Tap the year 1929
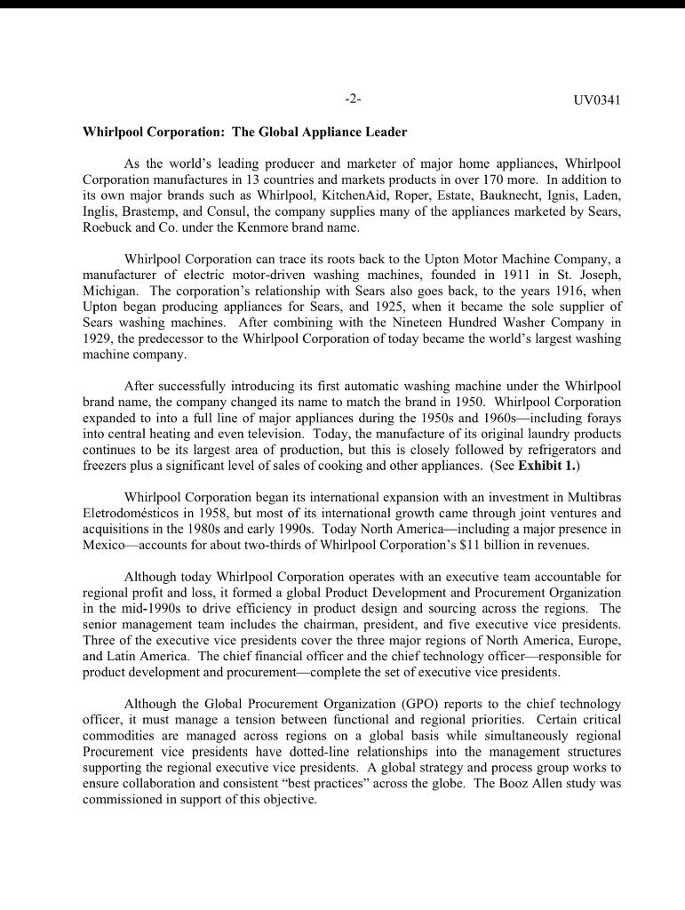pyautogui.click(x=98, y=339)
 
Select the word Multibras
pyautogui.click(x=592, y=497)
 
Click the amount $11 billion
pyautogui.click(x=485, y=545)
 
